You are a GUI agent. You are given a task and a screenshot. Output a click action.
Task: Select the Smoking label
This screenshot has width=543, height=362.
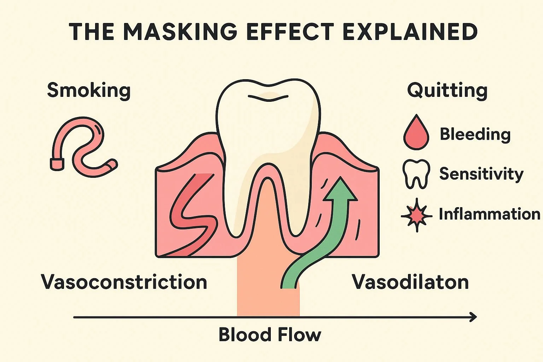89,90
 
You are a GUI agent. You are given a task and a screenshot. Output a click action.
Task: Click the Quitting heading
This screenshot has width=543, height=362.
447,90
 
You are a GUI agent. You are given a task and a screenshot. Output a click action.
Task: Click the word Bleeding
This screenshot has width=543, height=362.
475,134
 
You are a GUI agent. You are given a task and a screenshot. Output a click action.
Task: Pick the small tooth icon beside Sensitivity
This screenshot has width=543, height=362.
416,174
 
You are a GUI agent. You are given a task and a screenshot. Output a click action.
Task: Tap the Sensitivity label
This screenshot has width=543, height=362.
481,174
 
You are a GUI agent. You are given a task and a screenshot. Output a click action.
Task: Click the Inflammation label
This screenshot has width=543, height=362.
489,214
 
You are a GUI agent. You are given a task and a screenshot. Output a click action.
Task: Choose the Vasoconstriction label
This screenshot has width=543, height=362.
124,282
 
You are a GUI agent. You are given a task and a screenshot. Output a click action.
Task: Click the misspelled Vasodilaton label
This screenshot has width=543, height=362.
410,282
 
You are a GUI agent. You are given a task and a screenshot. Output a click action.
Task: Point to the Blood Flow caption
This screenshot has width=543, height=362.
270,334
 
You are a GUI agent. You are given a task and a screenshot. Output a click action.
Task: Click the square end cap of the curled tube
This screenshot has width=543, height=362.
57,164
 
